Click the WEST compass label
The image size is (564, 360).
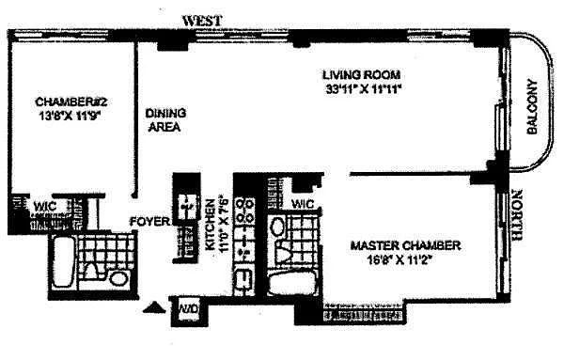(202, 21)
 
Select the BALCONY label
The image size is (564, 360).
(532, 106)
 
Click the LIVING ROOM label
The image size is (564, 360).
(361, 75)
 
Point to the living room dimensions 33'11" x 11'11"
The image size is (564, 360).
(363, 88)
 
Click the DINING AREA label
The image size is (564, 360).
(165, 120)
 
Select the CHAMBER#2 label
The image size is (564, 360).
(71, 102)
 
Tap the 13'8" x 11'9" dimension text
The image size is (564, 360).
(69, 116)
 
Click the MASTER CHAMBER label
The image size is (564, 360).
(405, 245)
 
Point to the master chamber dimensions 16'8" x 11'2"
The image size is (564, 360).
(399, 259)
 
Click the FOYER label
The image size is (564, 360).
(149, 222)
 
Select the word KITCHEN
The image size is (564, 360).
(210, 225)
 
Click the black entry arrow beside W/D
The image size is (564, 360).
(154, 307)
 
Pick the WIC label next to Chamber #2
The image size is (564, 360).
(45, 207)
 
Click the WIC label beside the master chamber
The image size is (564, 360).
(303, 204)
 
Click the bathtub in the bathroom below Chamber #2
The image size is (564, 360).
(63, 261)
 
